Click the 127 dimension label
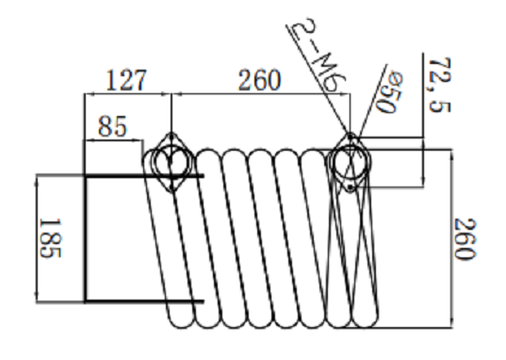126,80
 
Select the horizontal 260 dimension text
259,80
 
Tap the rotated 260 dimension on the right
465,239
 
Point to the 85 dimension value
112,126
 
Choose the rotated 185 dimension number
50,238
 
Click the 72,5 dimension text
439,85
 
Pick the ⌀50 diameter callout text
390,93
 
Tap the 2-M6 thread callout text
318,55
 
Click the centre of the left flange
171,162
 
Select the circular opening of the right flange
351,162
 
